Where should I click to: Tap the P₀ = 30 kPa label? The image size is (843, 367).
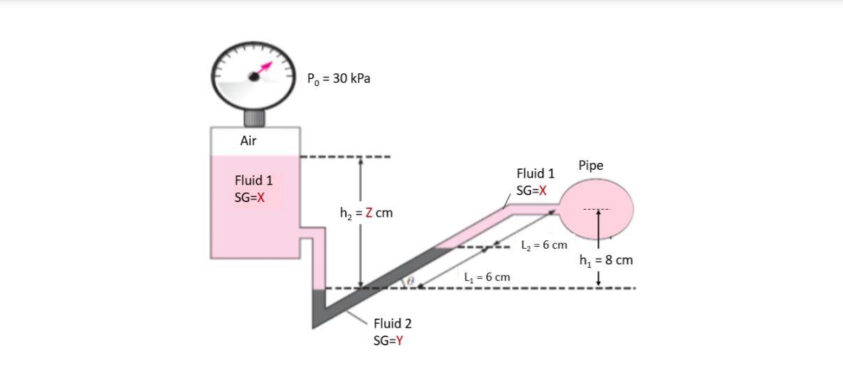[339, 78]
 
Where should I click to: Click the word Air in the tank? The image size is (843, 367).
[248, 141]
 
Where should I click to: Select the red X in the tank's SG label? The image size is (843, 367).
[260, 197]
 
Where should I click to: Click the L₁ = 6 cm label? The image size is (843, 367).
[487, 277]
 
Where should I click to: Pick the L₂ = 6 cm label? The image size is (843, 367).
[544, 245]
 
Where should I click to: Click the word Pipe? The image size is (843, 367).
[591, 166]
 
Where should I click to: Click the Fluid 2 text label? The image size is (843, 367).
[393, 324]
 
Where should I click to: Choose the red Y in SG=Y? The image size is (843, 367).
[399, 340]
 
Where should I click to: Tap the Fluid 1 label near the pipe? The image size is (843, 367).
[535, 173]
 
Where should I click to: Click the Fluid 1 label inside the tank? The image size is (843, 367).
[254, 180]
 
